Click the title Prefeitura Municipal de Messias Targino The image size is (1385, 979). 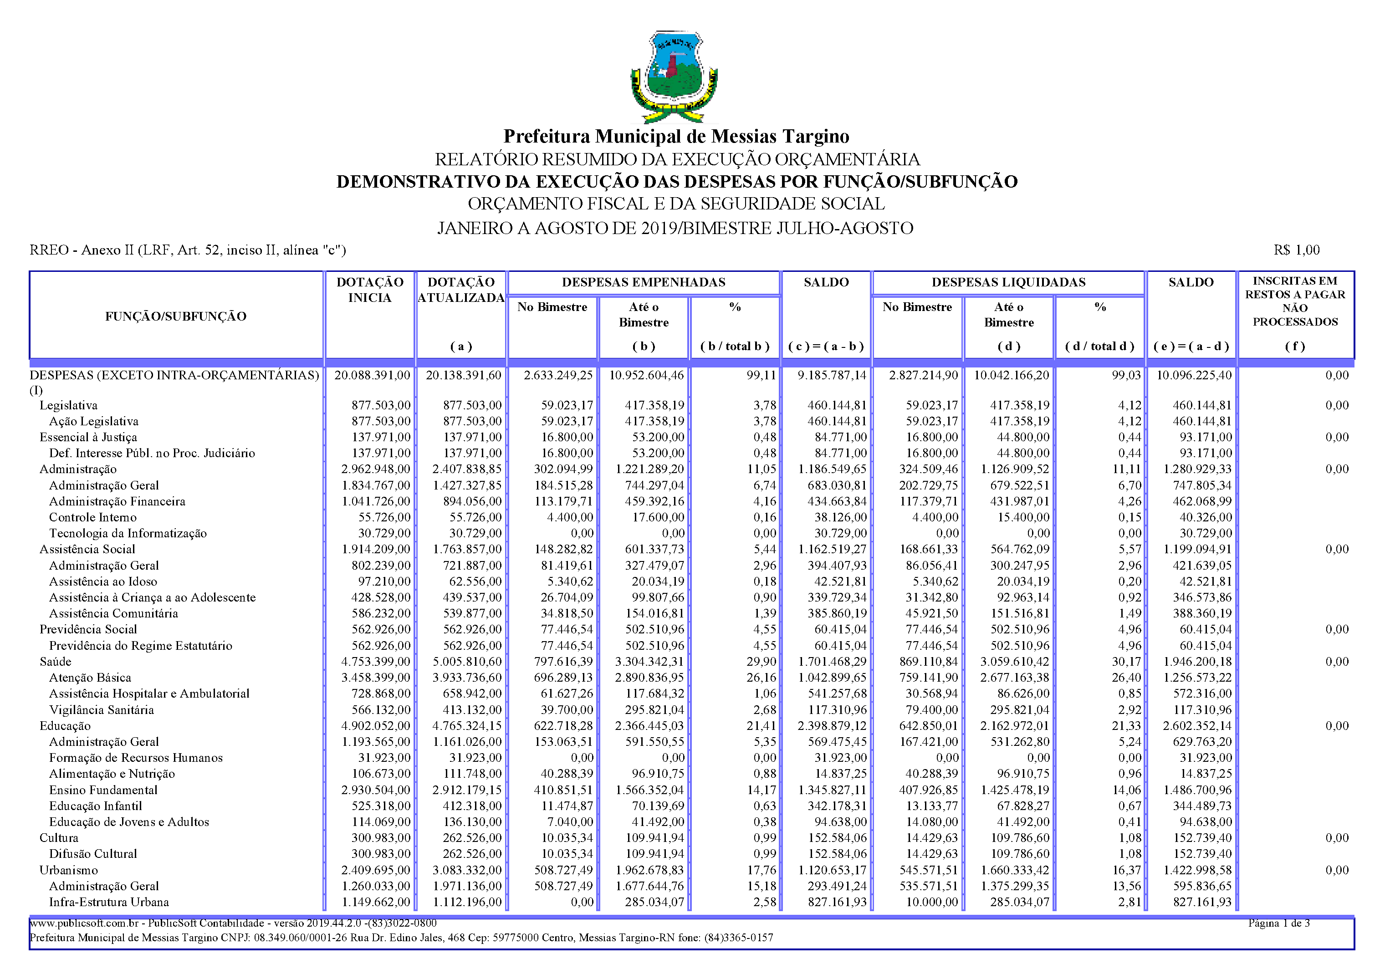676,136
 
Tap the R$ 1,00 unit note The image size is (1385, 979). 1296,250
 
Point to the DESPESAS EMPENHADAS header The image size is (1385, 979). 643,282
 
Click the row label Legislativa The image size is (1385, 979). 68,405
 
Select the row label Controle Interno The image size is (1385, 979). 93,517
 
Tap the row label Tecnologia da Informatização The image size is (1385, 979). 128,533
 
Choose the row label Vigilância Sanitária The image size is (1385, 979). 102,710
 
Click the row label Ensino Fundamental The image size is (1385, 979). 103,790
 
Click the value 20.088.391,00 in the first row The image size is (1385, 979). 372,375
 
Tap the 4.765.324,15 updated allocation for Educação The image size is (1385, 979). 466,726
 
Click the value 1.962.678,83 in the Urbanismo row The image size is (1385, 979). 649,871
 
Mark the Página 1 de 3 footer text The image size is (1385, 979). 1279,923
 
